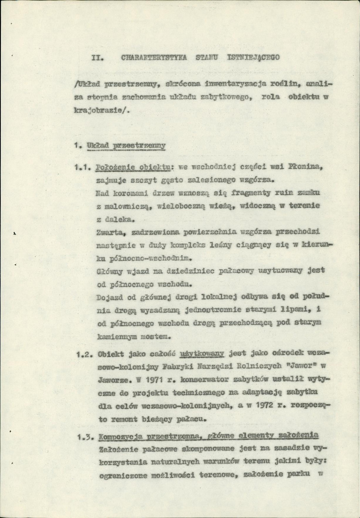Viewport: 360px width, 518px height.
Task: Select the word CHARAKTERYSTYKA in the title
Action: (154, 57)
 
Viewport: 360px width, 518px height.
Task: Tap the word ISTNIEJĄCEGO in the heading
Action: (253, 57)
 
